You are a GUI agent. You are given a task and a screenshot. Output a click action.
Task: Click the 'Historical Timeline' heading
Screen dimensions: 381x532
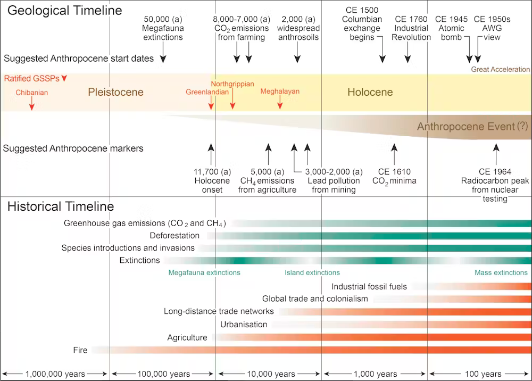pos(61,206)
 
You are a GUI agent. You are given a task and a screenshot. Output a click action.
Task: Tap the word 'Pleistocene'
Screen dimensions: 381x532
pos(116,93)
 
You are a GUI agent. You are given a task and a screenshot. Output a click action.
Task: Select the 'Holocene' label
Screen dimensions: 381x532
pos(370,93)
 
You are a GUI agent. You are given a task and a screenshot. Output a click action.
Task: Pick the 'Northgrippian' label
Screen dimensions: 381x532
pos(232,84)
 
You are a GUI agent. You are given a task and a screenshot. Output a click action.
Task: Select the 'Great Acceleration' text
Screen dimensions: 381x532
pos(501,70)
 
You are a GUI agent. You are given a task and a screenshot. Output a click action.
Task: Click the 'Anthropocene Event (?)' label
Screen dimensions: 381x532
pos(467,127)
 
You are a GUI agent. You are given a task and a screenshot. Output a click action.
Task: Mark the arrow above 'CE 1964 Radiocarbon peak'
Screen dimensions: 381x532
pos(495,154)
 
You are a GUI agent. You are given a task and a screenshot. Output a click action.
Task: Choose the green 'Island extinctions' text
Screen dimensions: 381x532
pos(312,272)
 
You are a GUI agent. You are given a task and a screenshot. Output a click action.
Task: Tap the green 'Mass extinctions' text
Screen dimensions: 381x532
pos(501,272)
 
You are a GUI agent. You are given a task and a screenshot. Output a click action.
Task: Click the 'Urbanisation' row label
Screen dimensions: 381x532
pos(244,324)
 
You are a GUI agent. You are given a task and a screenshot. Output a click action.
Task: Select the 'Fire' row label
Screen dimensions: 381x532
pos(80,350)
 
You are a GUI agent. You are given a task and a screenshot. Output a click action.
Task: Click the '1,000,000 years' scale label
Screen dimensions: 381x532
pos(55,374)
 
